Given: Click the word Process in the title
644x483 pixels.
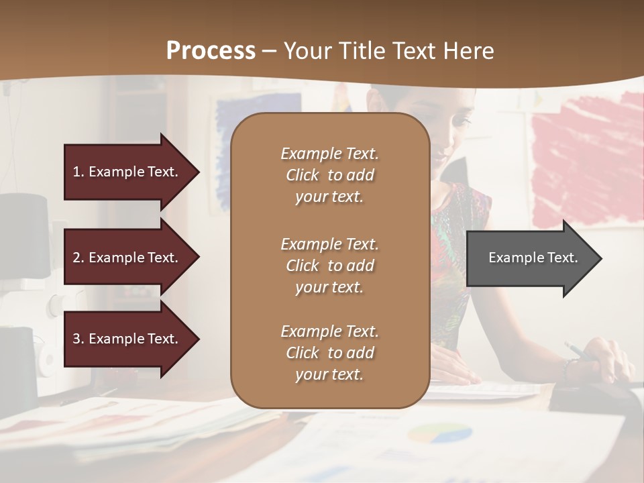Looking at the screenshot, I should click(211, 51).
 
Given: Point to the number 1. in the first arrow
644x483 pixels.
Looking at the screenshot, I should click(78, 172).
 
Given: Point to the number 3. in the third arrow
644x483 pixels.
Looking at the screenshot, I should click(78, 339).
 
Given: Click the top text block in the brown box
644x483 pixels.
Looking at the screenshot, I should click(329, 175).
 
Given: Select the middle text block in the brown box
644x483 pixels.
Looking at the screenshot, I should click(329, 265).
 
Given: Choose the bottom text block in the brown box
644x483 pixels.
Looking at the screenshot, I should click(329, 353).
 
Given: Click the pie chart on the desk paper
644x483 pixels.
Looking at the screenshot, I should click(439, 433).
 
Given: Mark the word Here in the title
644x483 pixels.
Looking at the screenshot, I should click(469, 51).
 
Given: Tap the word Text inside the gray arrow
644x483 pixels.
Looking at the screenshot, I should click(562, 258).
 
